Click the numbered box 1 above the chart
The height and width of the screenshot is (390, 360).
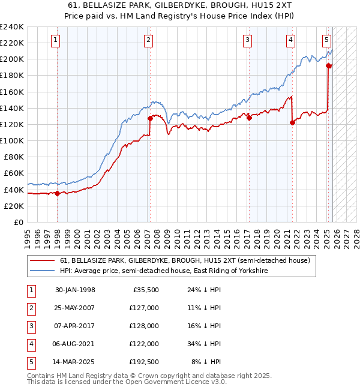(x=55, y=40)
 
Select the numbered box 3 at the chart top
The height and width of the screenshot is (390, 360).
(x=247, y=40)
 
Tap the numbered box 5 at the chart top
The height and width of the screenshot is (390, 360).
(x=326, y=40)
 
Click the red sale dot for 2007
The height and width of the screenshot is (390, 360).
(x=150, y=118)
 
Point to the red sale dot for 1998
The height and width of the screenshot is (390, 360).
(x=58, y=193)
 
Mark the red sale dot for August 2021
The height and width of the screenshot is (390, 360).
(x=293, y=122)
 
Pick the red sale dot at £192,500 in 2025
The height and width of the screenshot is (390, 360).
(x=329, y=65)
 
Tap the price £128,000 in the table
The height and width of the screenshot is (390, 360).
(x=143, y=326)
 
